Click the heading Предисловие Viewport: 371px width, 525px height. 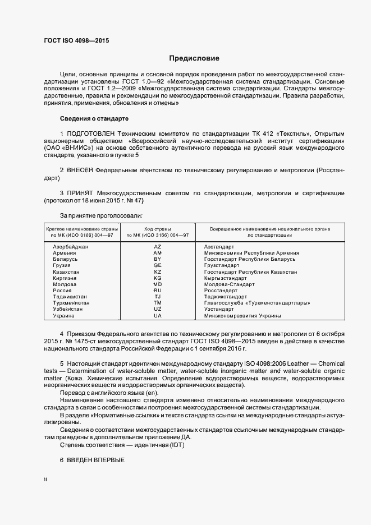(194, 58)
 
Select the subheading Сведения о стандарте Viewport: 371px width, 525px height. (94, 118)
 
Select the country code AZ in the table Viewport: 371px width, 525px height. (157, 247)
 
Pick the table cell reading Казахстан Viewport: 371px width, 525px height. (66, 271)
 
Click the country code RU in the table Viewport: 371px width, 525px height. (157, 291)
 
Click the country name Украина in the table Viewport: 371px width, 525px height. (63, 315)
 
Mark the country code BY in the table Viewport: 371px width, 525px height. (157, 259)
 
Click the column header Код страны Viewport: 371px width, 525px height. (158, 229)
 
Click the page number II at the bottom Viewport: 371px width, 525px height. (45, 480)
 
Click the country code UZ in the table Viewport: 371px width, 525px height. (157, 309)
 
